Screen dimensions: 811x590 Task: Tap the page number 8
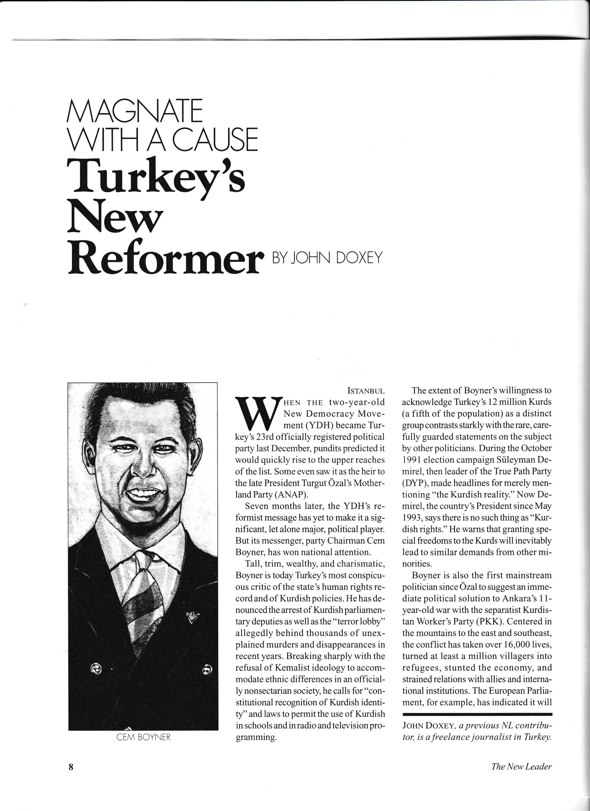pos(71,767)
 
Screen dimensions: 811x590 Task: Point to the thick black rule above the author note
pos(477,714)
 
